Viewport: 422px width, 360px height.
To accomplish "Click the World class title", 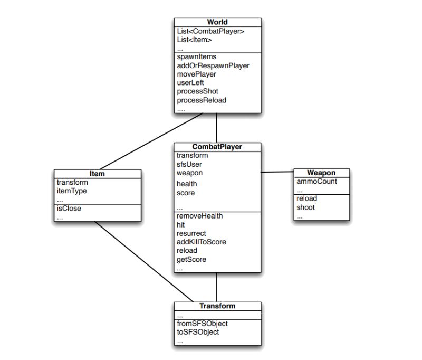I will pos(217,22).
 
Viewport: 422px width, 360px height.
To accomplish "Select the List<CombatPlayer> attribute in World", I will pos(210,31).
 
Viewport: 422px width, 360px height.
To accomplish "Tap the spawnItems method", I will pos(196,56).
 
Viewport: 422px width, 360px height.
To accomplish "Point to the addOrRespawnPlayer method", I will pos(213,65).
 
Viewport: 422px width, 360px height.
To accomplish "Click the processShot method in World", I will pos(197,91).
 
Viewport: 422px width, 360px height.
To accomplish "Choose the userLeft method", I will pos(190,83).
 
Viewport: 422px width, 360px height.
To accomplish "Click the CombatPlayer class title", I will pos(217,147).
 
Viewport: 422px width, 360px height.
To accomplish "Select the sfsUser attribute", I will pos(189,164).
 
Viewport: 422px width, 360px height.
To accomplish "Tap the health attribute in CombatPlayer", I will pos(187,184).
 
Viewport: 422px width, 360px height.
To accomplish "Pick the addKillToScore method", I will pos(202,242).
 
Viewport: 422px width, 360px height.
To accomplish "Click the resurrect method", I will pos(191,233).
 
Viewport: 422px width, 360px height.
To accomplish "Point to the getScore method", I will pos(191,259).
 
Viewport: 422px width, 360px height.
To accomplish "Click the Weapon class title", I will pos(321,173).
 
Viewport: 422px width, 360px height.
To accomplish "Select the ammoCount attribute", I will pos(316,182).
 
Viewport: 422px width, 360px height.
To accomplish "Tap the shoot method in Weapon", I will pos(305,207).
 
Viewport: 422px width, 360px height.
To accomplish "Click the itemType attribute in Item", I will pos(72,191).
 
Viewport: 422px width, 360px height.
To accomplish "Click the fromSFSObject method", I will pos(202,323).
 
